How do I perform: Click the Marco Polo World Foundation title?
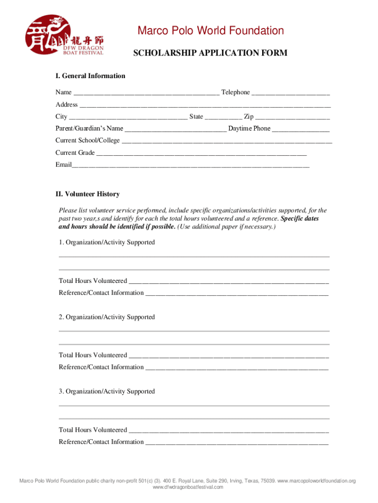click(x=210, y=31)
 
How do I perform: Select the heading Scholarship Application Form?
click(x=210, y=53)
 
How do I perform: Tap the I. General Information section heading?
click(x=90, y=76)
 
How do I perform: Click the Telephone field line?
click(x=291, y=93)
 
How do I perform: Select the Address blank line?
click(x=205, y=106)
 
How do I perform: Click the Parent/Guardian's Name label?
click(x=89, y=129)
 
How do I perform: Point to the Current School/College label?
click(x=87, y=140)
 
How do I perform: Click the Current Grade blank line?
click(x=201, y=154)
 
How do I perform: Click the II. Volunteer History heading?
click(x=87, y=195)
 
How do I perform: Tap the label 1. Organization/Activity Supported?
click(x=107, y=243)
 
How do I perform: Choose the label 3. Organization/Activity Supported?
click(x=107, y=391)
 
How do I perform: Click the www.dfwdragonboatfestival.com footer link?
click(x=188, y=487)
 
